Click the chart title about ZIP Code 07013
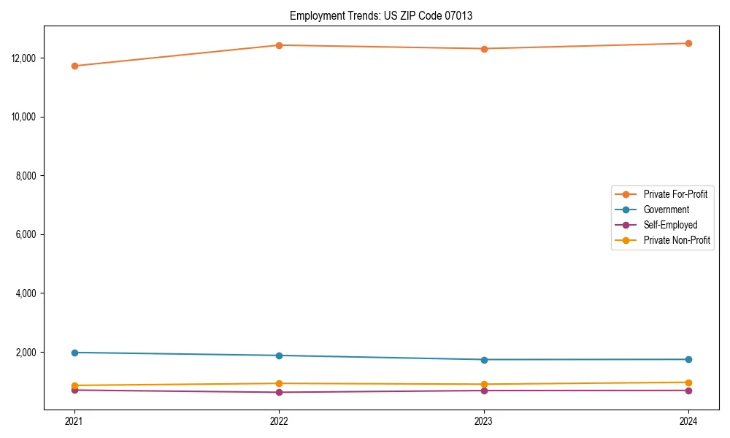pos(381,16)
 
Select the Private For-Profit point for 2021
pos(74,66)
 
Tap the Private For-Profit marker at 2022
pos(279,45)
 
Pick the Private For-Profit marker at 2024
pos(688,43)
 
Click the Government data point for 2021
pos(74,353)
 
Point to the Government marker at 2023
pos(484,359)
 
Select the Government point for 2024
pos(688,359)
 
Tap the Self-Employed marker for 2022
pos(279,392)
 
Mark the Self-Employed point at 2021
pos(74,390)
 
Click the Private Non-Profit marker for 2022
pos(279,383)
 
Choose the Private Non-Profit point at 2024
pos(688,383)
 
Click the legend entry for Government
pos(666,210)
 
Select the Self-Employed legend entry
pos(670,225)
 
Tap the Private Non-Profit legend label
pos(677,240)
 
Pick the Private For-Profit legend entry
pos(675,194)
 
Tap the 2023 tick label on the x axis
pos(484,420)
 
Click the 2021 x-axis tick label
pos(74,420)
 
